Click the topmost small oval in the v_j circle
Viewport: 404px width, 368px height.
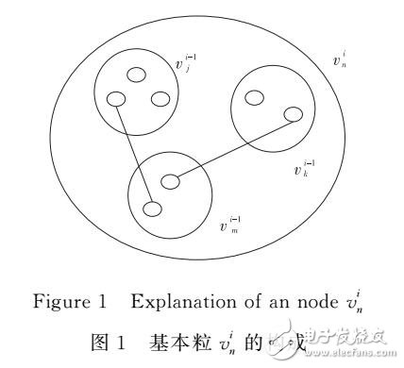pos(137,75)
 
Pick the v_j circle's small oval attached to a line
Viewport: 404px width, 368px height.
pos(117,98)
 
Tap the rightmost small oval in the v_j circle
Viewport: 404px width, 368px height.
pos(160,98)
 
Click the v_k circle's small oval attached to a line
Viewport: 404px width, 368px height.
pos(294,114)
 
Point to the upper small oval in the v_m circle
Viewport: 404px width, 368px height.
pos(170,180)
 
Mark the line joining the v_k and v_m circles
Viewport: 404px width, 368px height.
pos(232,147)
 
